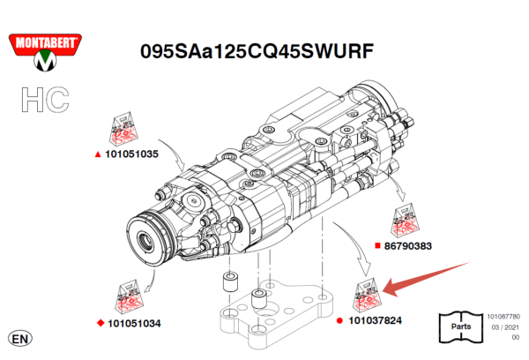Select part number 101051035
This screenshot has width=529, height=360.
click(131, 154)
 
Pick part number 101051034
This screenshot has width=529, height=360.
click(132, 323)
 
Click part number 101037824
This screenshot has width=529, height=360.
click(375, 320)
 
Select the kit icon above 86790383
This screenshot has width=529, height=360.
click(408, 221)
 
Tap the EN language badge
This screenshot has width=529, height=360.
click(19, 338)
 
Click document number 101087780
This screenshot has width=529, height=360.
click(503, 315)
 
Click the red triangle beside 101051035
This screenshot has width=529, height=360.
click(98, 154)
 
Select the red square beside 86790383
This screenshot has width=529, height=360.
click(376, 246)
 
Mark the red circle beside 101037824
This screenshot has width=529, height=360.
click(340, 320)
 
